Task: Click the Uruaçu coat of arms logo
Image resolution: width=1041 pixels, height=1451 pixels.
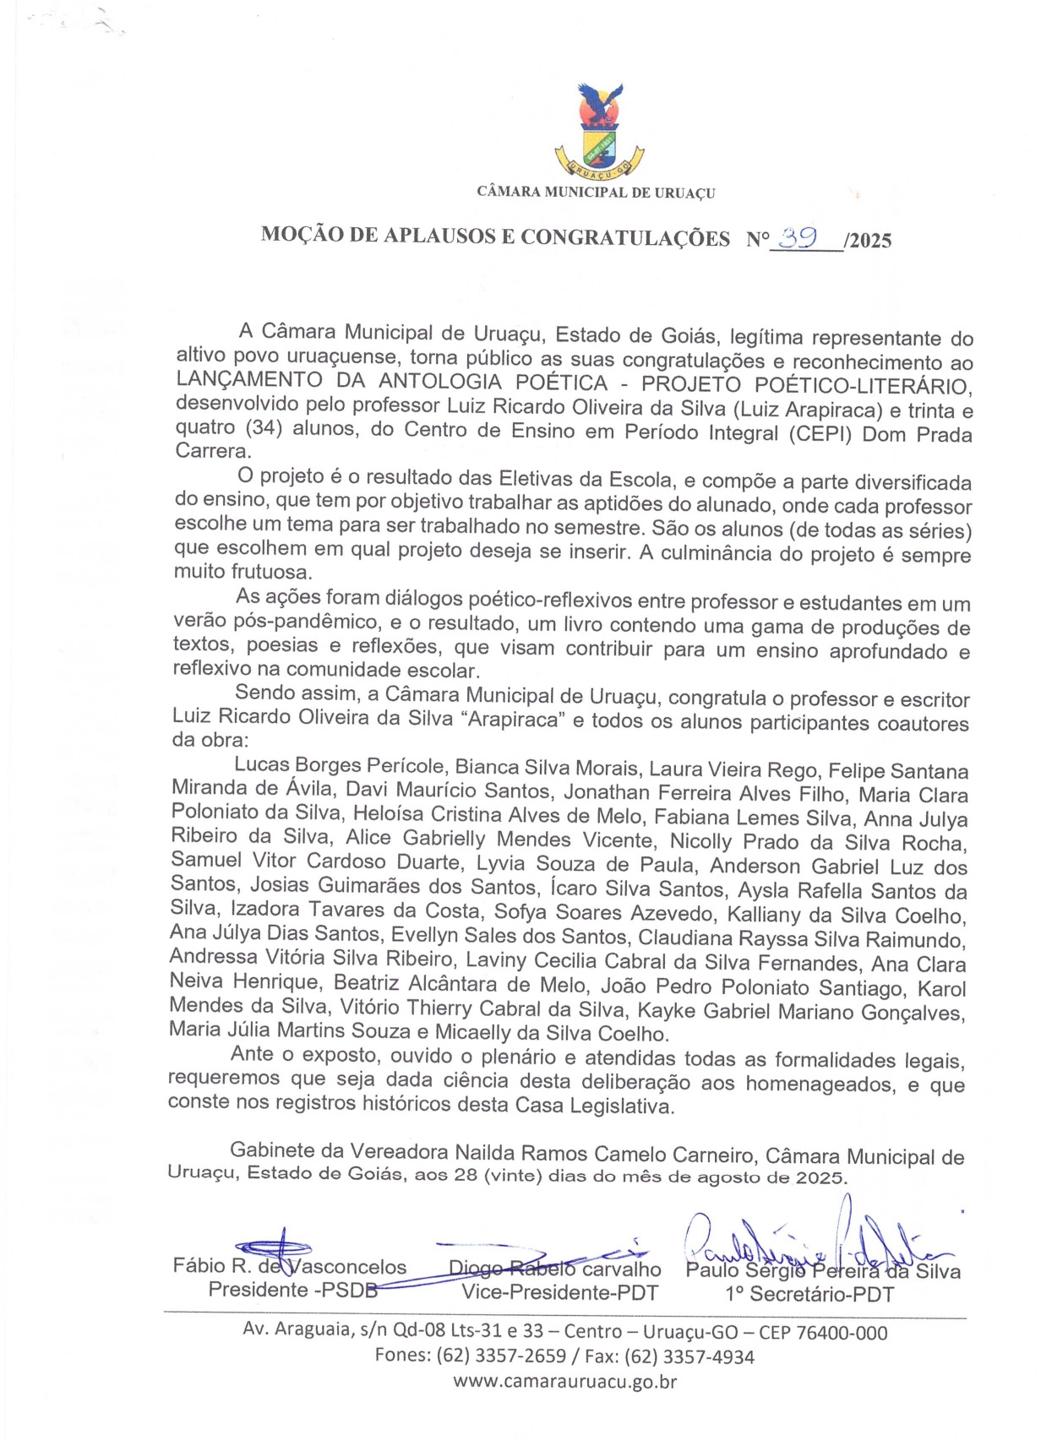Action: tap(599, 131)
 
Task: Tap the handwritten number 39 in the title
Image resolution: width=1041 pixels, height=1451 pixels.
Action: tap(797, 238)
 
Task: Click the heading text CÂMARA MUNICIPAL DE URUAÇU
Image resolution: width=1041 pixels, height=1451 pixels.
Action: tap(596, 193)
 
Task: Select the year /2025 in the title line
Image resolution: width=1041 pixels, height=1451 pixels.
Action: tap(867, 241)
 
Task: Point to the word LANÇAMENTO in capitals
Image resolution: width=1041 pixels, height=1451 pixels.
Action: tap(248, 382)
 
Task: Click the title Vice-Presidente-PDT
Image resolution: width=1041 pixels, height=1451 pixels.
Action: tap(559, 1292)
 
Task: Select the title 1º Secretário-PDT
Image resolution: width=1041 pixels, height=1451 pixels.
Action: tap(809, 1294)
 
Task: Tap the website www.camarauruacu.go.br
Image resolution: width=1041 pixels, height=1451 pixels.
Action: tap(564, 1382)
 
